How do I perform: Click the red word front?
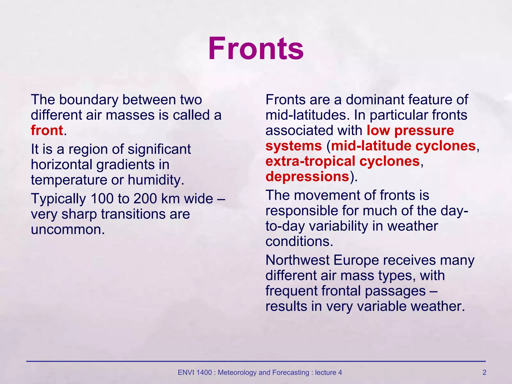pos(47,130)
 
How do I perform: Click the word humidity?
pos(156,180)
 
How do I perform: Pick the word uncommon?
pos(67,229)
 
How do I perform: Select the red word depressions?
pos(307,176)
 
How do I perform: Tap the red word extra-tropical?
pos(310,161)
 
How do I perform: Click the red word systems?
pos(293,146)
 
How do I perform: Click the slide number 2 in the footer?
pos(484,372)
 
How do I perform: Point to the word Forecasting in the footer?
pos(290,372)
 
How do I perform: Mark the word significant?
pos(159,149)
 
